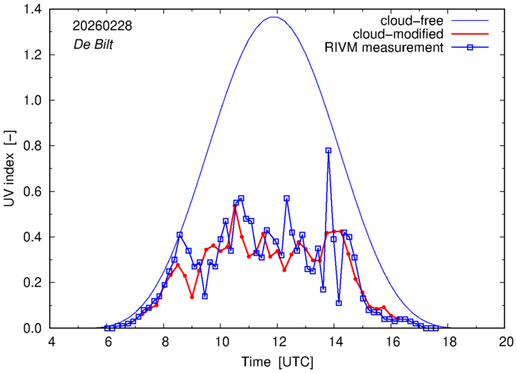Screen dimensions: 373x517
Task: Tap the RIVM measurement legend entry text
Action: [x=384, y=48]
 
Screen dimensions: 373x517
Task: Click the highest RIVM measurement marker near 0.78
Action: [x=328, y=150]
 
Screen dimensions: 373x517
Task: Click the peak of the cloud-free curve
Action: [x=274, y=16]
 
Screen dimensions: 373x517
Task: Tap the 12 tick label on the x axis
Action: [x=279, y=342]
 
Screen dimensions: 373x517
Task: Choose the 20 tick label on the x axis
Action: [x=506, y=342]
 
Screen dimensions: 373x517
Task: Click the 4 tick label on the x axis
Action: [x=51, y=342]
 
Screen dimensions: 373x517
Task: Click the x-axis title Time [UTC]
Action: [x=278, y=362]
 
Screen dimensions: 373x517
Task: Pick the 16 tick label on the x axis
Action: [x=393, y=342]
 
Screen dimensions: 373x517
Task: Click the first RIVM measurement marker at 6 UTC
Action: [x=107, y=328]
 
